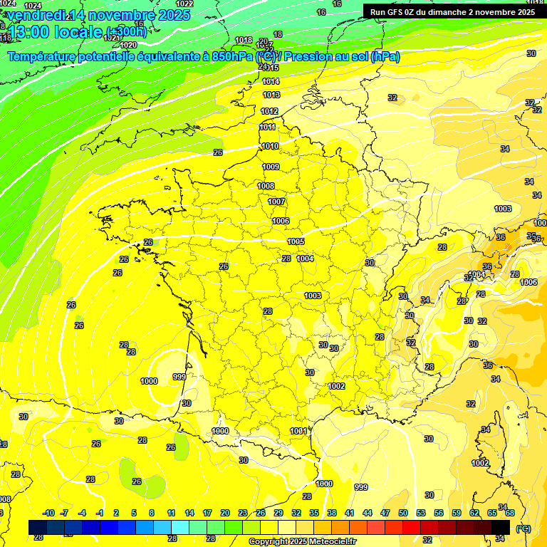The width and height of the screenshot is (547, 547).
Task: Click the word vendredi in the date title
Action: (x=35, y=15)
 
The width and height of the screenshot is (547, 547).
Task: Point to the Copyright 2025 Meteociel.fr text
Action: (x=303, y=541)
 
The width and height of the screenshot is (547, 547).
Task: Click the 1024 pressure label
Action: (x=33, y=5)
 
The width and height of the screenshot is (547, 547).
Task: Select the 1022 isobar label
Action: (x=184, y=4)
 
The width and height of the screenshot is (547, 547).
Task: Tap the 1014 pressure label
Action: (x=271, y=82)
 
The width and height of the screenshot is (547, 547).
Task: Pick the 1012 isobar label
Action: (x=269, y=111)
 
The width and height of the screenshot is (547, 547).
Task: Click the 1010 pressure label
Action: (x=270, y=146)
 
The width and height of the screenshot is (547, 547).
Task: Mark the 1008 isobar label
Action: (x=266, y=186)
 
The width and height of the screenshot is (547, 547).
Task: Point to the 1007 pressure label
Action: (x=276, y=202)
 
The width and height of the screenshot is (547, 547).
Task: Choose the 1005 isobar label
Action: (x=296, y=242)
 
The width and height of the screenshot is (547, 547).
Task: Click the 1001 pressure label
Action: (x=299, y=431)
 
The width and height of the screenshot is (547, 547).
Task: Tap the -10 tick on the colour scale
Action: (x=48, y=513)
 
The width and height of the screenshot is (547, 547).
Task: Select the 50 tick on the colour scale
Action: (x=403, y=513)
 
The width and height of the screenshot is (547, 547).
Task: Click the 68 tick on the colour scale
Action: (x=510, y=513)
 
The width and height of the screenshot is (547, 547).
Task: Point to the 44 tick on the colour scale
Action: (x=368, y=513)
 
